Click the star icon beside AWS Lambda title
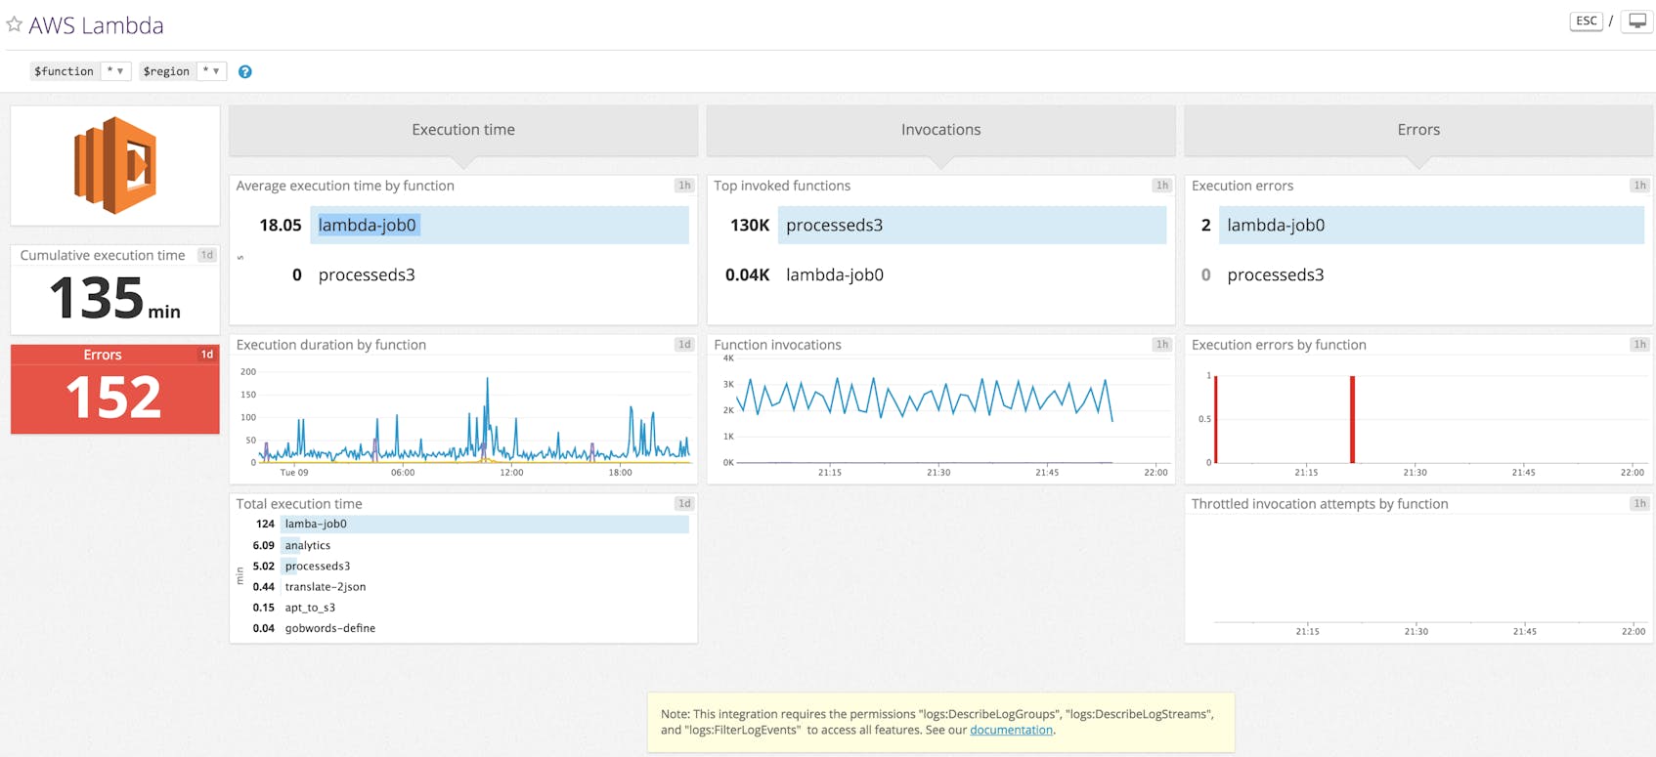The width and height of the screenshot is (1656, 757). point(14,24)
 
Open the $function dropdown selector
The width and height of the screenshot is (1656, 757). point(115,71)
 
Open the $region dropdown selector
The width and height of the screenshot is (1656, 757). point(211,71)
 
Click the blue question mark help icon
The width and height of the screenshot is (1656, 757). point(245,71)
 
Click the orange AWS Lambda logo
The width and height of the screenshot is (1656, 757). point(115,165)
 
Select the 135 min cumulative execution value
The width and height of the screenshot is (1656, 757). point(114,298)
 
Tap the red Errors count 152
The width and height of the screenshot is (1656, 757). point(114,398)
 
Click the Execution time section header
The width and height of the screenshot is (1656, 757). point(463,130)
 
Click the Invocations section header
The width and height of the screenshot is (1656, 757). point(940,130)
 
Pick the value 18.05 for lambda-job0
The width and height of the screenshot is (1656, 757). point(281,226)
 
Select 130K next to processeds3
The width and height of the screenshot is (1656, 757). point(750,226)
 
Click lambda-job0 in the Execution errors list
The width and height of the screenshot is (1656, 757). point(1276,226)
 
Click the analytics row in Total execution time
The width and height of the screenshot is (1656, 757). point(308,545)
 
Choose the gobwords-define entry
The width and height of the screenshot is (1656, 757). point(330,628)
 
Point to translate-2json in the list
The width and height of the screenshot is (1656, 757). point(326,587)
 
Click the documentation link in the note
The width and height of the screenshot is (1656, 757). point(1011,730)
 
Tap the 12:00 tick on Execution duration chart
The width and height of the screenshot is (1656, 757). point(511,473)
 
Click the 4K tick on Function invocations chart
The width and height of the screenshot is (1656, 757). point(728,358)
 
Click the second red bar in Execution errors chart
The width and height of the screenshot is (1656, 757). point(1352,420)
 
